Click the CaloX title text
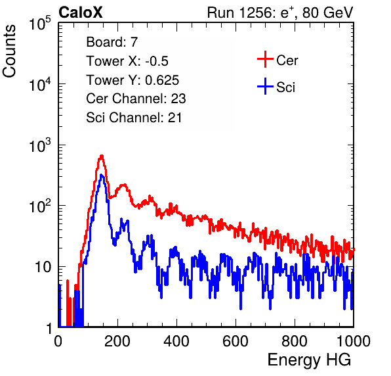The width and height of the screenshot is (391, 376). pyautogui.click(x=81, y=12)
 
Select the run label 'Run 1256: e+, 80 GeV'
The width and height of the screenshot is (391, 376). pyautogui.click(x=280, y=12)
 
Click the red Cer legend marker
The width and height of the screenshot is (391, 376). pyautogui.click(x=265, y=59)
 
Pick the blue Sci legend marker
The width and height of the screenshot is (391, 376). pyautogui.click(x=265, y=86)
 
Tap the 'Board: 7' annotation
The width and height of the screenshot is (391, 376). pyautogui.click(x=112, y=42)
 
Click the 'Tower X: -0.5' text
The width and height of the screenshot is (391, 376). pyautogui.click(x=127, y=61)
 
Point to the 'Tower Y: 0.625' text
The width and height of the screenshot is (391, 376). pyautogui.click(x=133, y=80)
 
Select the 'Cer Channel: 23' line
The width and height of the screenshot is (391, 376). pyautogui.click(x=136, y=99)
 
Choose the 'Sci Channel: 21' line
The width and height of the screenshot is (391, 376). pyautogui.click(x=134, y=118)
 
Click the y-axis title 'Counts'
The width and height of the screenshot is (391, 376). pyautogui.click(x=9, y=51)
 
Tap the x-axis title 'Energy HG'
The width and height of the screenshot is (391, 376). pyautogui.click(x=309, y=360)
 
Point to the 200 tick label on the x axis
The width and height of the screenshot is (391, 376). pyautogui.click(x=117, y=341)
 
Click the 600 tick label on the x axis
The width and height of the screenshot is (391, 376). pyautogui.click(x=236, y=341)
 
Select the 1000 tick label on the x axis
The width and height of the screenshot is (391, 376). pyautogui.click(x=354, y=341)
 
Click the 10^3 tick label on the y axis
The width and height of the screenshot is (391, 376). pyautogui.click(x=40, y=146)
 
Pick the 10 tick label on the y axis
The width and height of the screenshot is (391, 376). pyautogui.click(x=43, y=267)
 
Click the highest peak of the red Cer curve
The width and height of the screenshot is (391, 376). pyautogui.click(x=102, y=156)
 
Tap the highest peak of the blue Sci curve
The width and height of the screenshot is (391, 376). pyautogui.click(x=101, y=176)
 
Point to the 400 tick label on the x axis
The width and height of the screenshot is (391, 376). pyautogui.click(x=176, y=341)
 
